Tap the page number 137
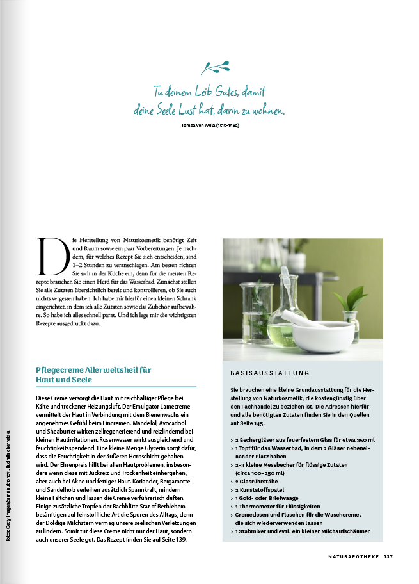click(x=389, y=556)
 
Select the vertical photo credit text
click(x=8, y=485)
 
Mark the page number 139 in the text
click(x=180, y=540)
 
